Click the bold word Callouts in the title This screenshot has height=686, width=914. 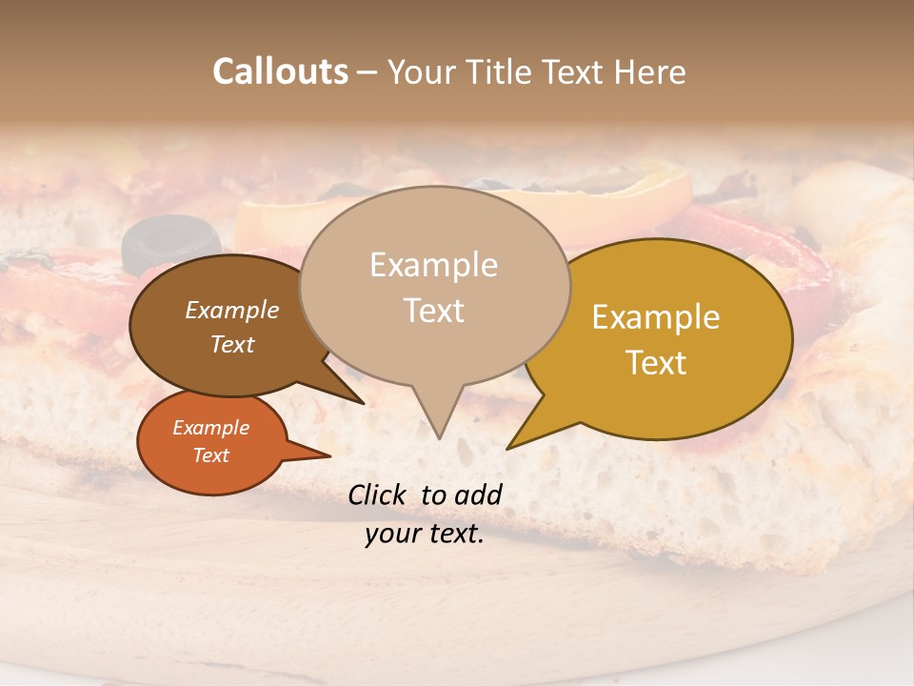pyautogui.click(x=280, y=71)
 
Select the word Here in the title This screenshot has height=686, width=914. pyautogui.click(x=650, y=72)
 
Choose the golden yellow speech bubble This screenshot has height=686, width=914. pyautogui.click(x=666, y=339)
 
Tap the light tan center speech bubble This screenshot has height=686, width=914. pyautogui.click(x=434, y=286)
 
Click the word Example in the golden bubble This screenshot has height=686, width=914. pyautogui.click(x=656, y=317)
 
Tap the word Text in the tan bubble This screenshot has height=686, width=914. pyautogui.click(x=434, y=311)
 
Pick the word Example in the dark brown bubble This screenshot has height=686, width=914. pyautogui.click(x=231, y=310)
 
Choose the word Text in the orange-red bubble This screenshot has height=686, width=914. pyautogui.click(x=211, y=455)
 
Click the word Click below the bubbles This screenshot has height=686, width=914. pyautogui.click(x=379, y=494)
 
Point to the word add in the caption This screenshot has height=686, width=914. pyautogui.click(x=478, y=494)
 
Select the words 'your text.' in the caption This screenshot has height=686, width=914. pyautogui.click(x=425, y=535)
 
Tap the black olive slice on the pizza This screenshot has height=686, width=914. pyautogui.click(x=171, y=238)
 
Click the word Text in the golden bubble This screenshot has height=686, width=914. pyautogui.click(x=656, y=363)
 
